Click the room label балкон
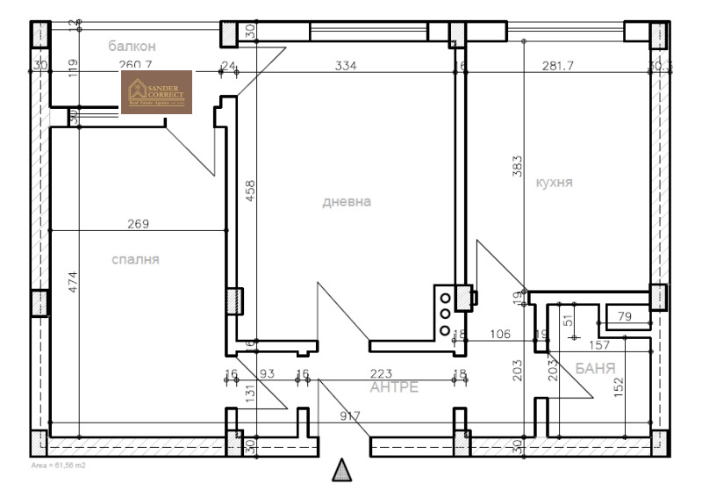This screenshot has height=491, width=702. (133, 45)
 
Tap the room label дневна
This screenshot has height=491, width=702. (347, 201)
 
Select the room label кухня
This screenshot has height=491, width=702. (554, 182)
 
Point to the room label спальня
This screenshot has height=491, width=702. (136, 259)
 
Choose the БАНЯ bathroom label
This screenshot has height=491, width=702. (594, 368)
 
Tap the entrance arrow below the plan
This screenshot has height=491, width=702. (342, 470)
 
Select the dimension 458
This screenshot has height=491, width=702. (249, 191)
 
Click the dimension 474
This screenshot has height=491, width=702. (73, 283)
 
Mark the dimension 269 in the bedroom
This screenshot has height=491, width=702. (138, 224)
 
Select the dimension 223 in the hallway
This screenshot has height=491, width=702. (381, 373)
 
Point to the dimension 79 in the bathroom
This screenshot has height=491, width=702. (625, 316)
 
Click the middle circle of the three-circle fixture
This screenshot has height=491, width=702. (445, 311)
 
